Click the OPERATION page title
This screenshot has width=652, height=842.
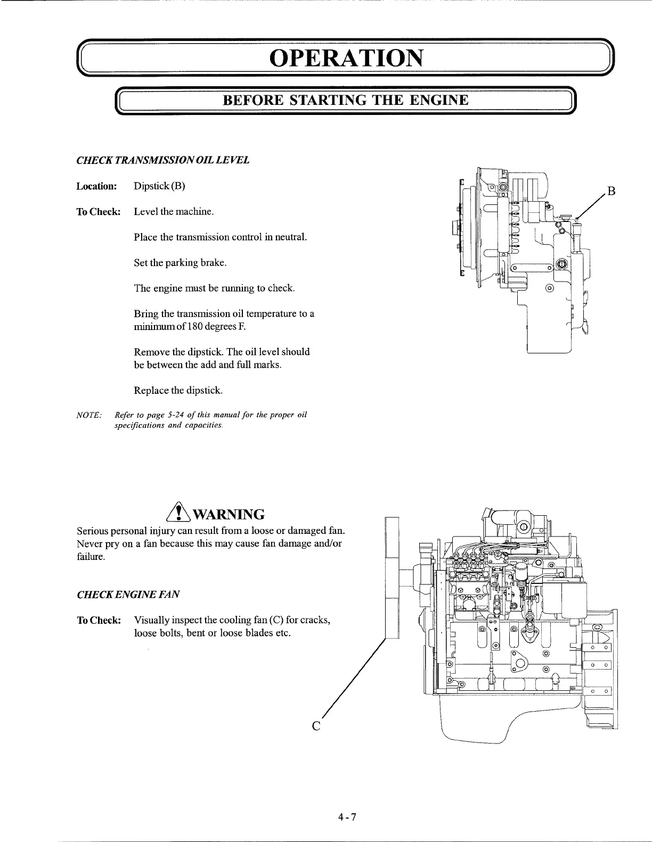point(347,58)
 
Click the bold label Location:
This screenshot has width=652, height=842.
point(96,186)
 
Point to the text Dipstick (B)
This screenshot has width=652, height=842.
point(159,186)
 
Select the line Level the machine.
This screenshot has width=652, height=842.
point(174,212)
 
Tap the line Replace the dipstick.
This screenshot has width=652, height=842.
point(178,391)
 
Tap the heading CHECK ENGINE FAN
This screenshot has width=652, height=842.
point(128,595)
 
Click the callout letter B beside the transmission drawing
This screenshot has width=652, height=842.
point(612,192)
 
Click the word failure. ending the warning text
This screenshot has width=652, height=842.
point(91,557)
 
